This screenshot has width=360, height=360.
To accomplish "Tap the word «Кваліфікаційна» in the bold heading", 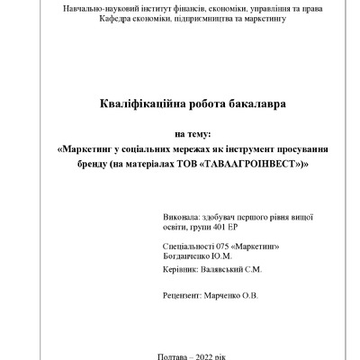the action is pyautogui.click(x=137, y=104).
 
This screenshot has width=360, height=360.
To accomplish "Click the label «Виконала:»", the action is pyautogui.click(x=183, y=218).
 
